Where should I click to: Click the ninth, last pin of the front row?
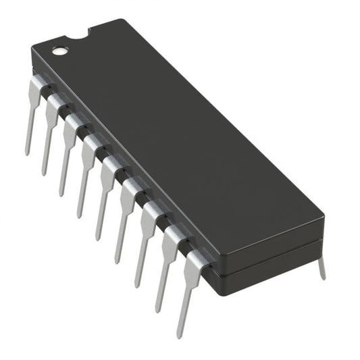pos(185,284)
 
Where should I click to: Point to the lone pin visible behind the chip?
pos(322,267)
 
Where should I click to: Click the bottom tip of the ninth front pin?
pos(180,335)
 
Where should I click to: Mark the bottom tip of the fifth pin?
pos(98,237)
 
